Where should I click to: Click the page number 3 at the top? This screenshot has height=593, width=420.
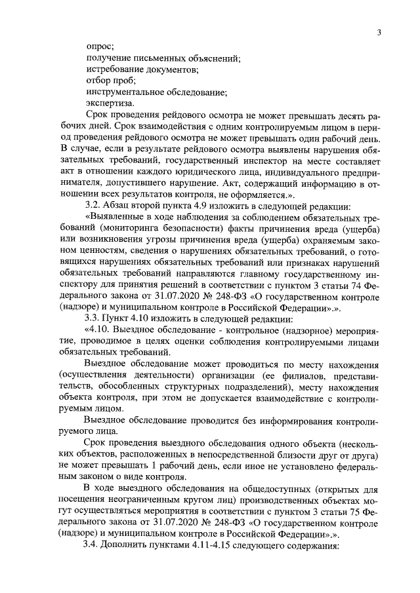pos(379,33)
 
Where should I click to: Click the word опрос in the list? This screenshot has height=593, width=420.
pos(99,47)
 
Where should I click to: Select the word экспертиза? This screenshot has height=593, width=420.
pos(108,103)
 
